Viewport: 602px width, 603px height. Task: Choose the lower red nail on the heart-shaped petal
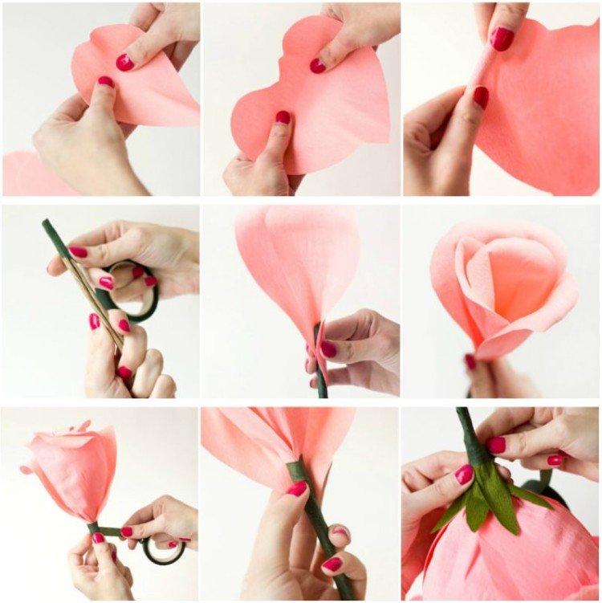click(x=283, y=117)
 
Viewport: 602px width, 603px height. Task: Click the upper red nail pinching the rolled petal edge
click(x=502, y=39)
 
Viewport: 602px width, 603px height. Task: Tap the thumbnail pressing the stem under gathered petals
click(x=298, y=488)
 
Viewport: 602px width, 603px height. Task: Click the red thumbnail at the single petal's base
click(x=328, y=349)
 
